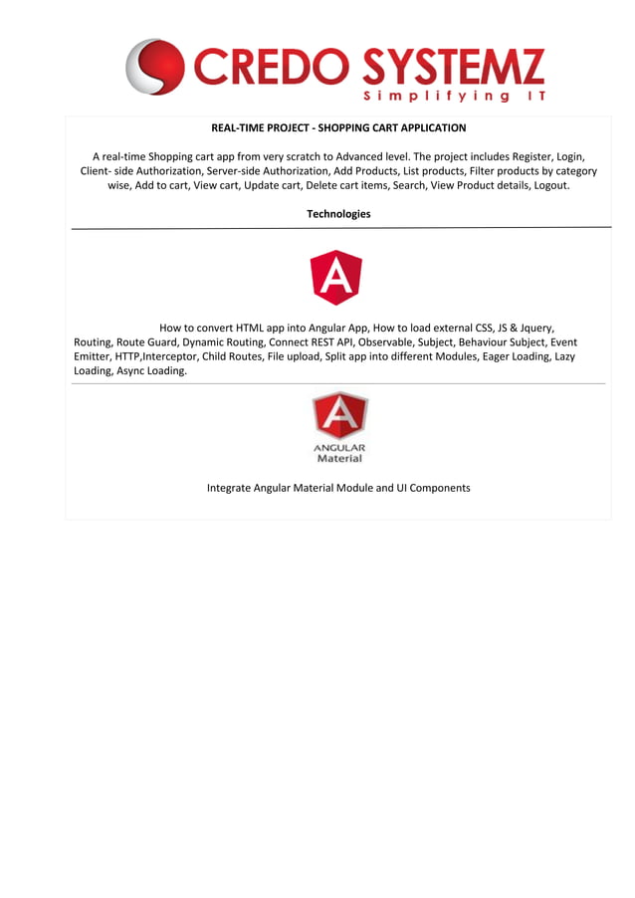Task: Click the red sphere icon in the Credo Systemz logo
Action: (155, 67)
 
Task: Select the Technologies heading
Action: (338, 214)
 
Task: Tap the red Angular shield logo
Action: (336, 277)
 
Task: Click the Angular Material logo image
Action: (339, 427)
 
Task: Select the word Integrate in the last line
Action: (229, 488)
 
